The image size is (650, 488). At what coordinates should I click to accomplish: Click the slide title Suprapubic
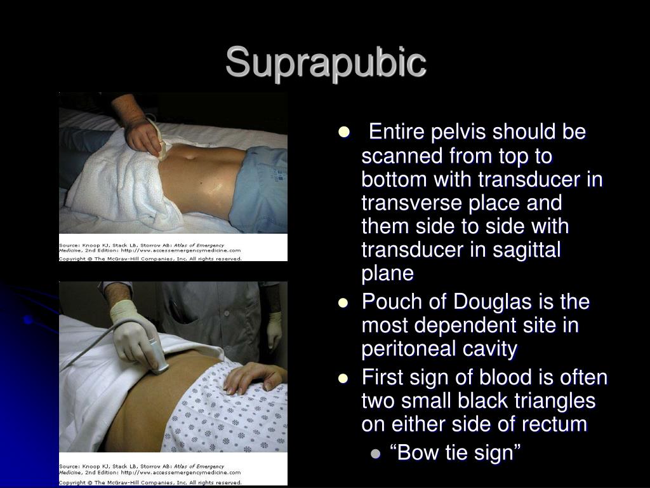325,63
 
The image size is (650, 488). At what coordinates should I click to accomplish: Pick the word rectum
557,424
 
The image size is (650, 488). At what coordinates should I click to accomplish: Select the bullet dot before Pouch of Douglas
344,302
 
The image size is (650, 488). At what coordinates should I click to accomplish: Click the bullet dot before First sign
344,378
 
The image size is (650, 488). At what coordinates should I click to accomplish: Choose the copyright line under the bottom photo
150,482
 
